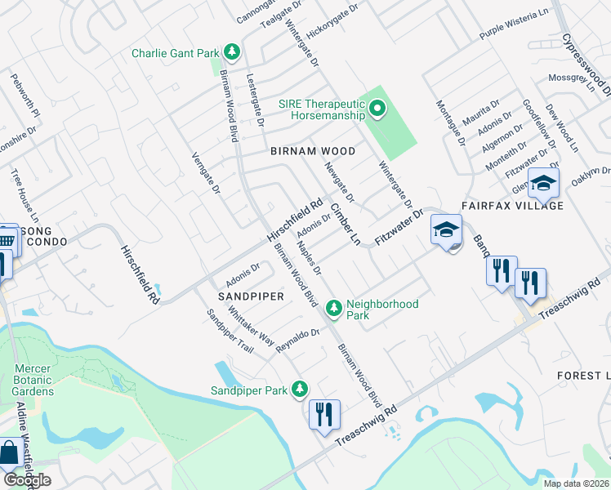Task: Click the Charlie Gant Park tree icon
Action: coord(233,53)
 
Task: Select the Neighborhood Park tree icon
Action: coord(333,309)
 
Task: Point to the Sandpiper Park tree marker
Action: coord(301,390)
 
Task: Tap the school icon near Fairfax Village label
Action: coord(543,185)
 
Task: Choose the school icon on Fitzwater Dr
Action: coord(447,230)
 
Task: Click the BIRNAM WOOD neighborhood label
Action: coord(314,152)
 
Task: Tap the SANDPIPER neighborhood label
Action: coord(250,296)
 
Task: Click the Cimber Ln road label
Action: coord(345,220)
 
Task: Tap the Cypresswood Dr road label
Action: coord(586,65)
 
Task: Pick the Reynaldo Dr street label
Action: coord(297,340)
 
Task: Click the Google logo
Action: coord(28,480)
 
